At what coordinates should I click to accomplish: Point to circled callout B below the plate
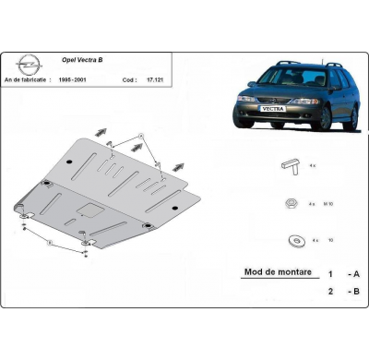coord(51,243)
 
